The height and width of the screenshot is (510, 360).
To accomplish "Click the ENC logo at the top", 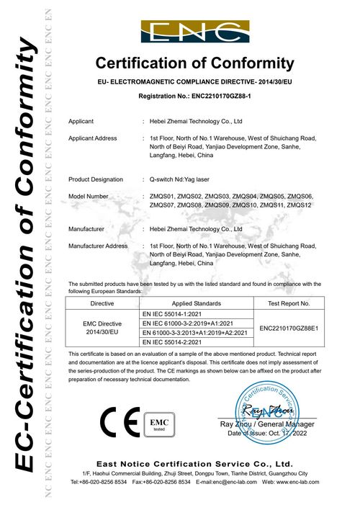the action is [x=195, y=32].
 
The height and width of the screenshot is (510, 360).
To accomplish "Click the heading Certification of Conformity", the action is [x=195, y=63].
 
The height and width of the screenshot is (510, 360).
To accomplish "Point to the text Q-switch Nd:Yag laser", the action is [x=184, y=179].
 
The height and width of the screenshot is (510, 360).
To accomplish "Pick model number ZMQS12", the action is [x=299, y=205].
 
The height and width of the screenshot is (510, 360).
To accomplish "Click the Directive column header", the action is [x=100, y=304].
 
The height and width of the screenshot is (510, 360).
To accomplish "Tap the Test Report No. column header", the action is [x=288, y=304].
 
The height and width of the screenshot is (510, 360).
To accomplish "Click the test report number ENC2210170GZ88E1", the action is [x=288, y=328].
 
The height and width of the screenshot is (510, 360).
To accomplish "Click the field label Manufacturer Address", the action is [x=98, y=246].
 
